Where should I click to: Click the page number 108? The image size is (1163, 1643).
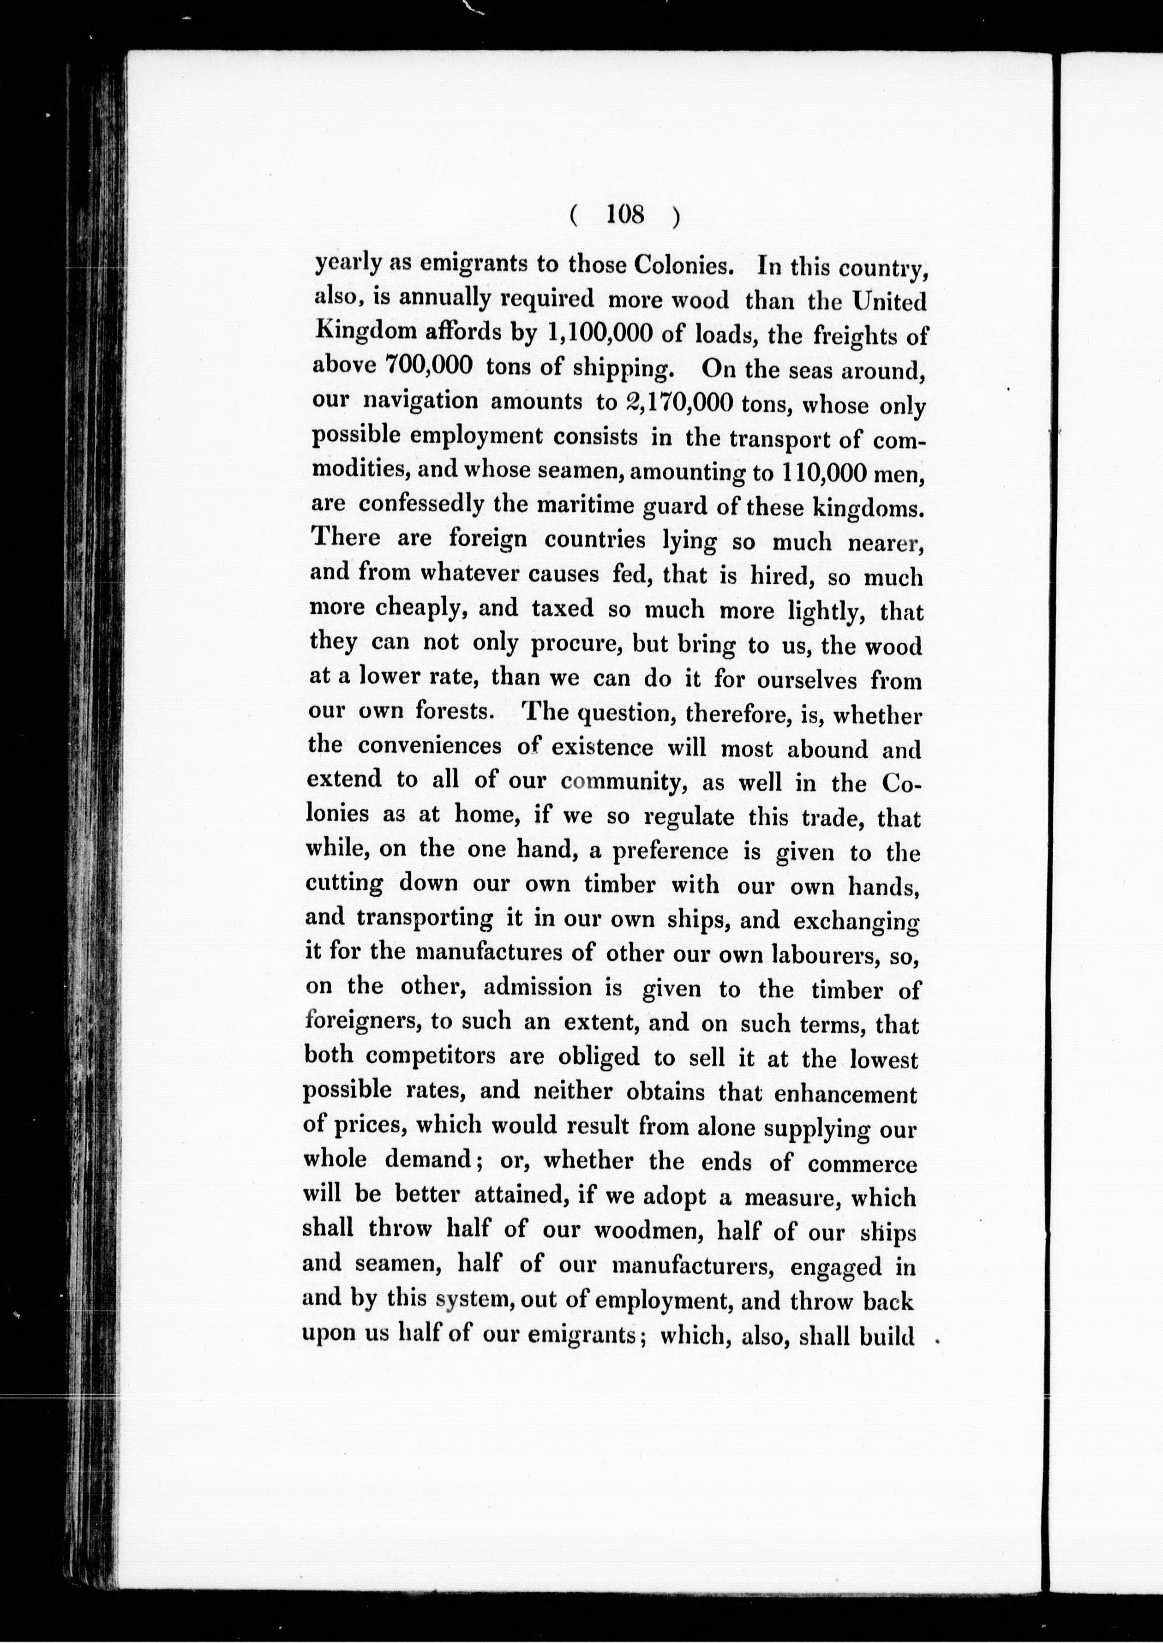(625, 215)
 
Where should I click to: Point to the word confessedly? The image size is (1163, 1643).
(420, 504)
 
